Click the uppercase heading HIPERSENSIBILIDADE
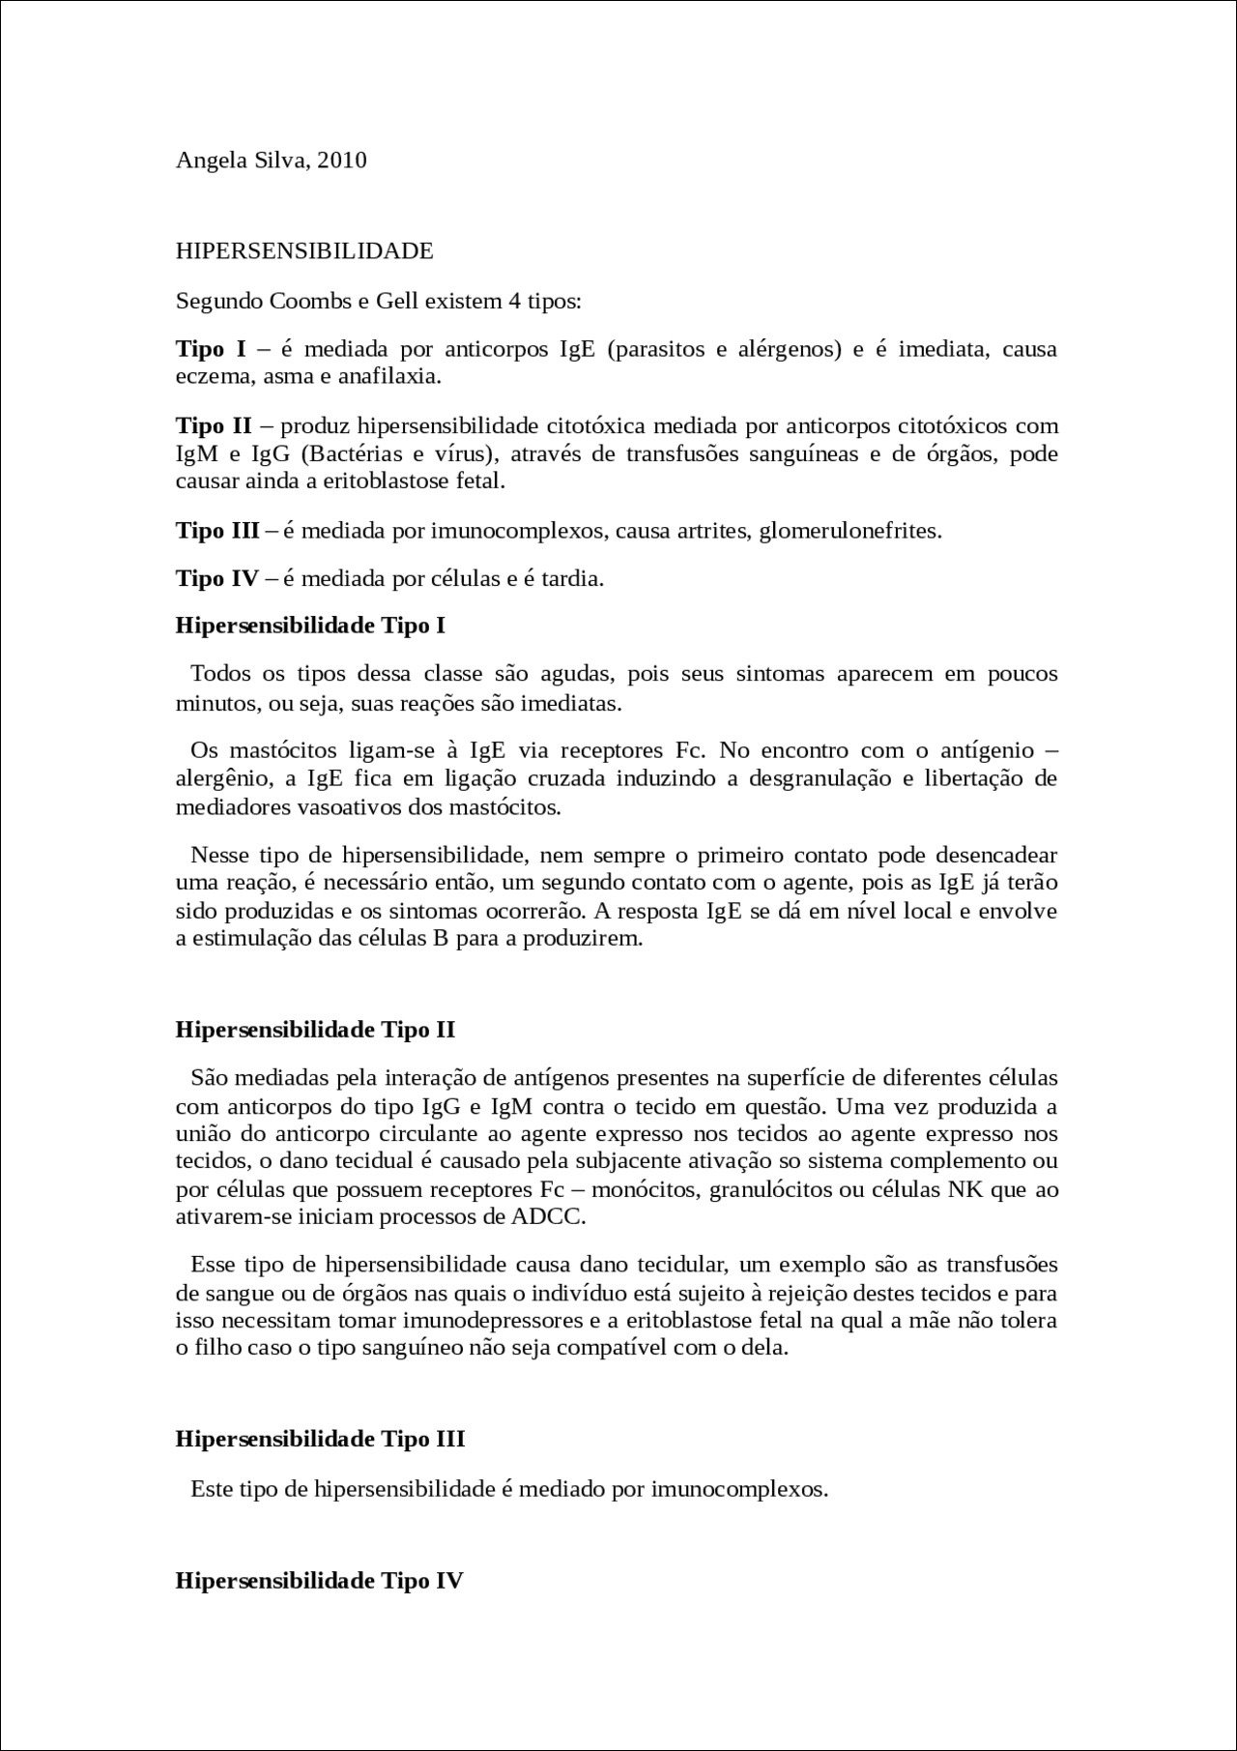tap(304, 251)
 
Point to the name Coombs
tap(311, 301)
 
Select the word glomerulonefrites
tap(849, 530)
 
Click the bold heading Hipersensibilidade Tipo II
tap(315, 1029)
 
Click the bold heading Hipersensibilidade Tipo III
tap(320, 1439)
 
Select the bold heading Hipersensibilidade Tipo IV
tap(319, 1582)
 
